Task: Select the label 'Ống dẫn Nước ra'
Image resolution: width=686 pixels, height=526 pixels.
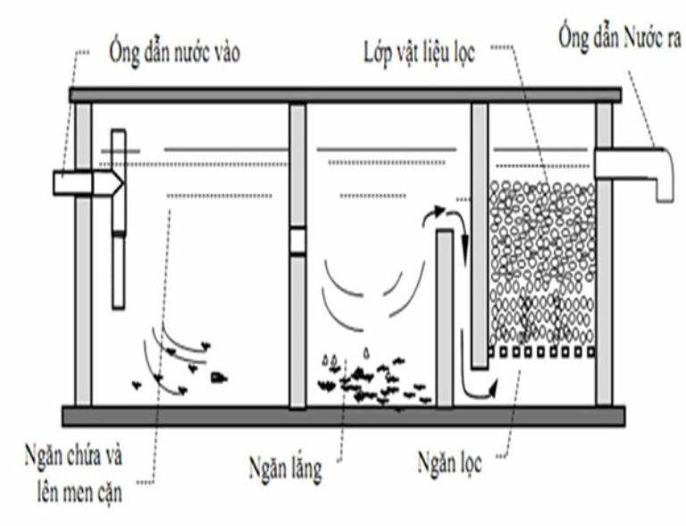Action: tap(617, 38)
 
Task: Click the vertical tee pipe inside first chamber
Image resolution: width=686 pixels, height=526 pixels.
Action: tap(119, 219)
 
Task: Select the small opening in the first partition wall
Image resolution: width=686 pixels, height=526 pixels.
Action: tap(297, 241)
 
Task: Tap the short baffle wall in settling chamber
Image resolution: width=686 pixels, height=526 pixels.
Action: tap(444, 318)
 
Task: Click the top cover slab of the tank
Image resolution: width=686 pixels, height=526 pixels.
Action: tap(345, 95)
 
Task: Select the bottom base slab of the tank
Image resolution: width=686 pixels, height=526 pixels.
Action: tap(343, 416)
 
